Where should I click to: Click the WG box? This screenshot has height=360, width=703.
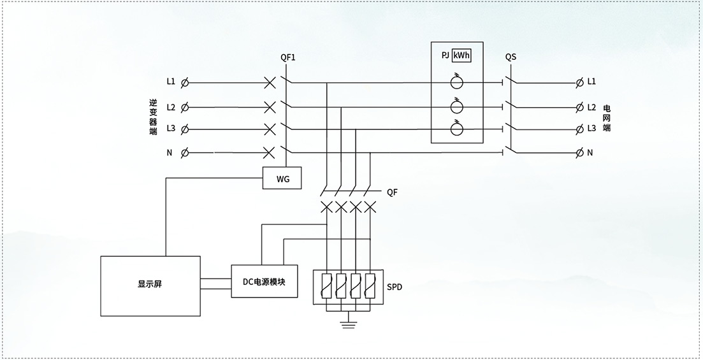coord(282,178)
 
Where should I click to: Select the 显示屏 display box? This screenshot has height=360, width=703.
coord(150,286)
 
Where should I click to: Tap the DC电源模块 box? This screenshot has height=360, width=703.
coord(264,281)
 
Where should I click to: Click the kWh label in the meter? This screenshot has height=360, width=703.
coord(462,56)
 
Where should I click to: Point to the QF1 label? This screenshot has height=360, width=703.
coord(288,57)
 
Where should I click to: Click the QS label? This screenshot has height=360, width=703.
coord(511,57)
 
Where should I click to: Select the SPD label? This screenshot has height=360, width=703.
coord(395,287)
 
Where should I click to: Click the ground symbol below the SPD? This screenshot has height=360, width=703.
coord(349,324)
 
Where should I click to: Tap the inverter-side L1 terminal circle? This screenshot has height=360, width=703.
coord(184,83)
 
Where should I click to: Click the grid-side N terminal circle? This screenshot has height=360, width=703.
coord(580,153)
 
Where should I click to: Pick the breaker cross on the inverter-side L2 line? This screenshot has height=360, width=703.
coord(270,107)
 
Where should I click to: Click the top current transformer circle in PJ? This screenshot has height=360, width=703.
coord(457,82)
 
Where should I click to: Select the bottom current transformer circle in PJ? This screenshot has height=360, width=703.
coord(457,129)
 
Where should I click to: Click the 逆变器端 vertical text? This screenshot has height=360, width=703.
coord(154,117)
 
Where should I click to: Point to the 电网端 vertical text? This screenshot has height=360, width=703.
coord(607,118)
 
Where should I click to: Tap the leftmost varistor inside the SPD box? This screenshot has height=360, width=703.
coord(327,285)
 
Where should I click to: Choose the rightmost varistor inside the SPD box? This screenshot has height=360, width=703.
coord(370,285)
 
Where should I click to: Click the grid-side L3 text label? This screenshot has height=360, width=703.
coord(591,128)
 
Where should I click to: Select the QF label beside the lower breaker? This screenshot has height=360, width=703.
coord(393,192)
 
